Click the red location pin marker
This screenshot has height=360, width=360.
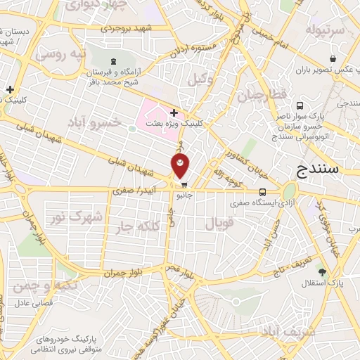[x=181, y=166]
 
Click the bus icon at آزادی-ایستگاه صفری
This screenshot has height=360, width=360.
[x=262, y=191]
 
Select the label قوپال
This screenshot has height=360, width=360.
[x=219, y=224]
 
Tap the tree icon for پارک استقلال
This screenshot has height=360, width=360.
[x=322, y=271]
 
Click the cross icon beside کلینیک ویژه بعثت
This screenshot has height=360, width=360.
[x=174, y=112]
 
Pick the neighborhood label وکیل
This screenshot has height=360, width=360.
[x=201, y=79]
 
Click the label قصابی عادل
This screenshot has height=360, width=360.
[x=31, y=304]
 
